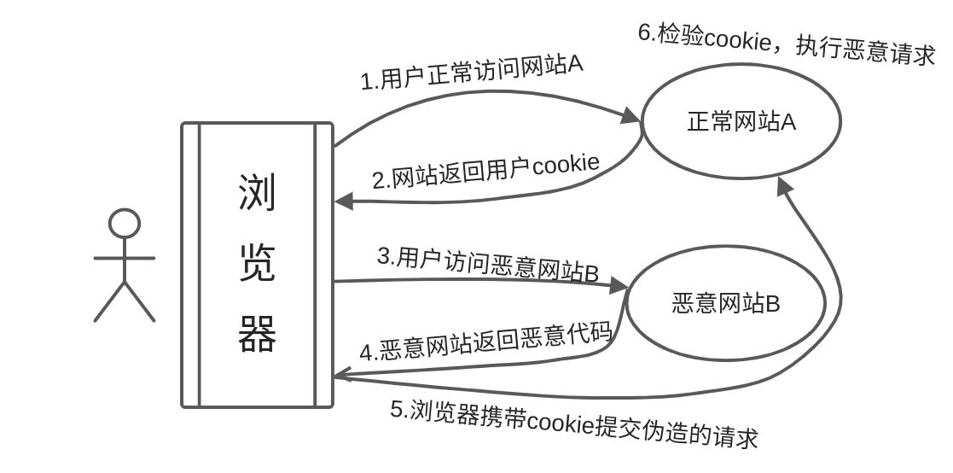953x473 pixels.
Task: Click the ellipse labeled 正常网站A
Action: [741, 122]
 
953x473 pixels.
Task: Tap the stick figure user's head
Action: [125, 224]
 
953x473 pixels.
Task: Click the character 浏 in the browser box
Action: [256, 193]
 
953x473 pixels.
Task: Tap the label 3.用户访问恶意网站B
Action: [488, 265]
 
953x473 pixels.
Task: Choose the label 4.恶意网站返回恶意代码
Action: [486, 342]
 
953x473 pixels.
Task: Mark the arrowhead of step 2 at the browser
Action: [343, 202]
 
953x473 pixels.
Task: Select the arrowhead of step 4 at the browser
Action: [343, 373]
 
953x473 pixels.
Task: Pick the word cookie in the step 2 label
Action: [566, 164]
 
